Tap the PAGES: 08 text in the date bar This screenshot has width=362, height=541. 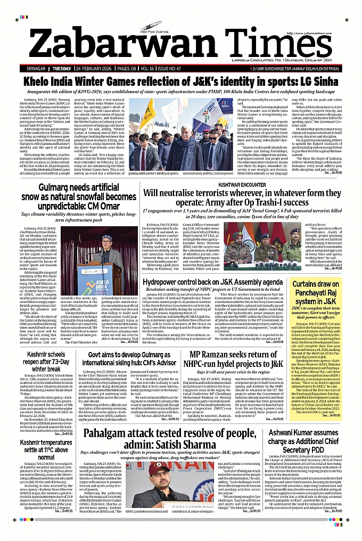(128, 69)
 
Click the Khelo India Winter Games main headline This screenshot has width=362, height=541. (180, 83)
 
